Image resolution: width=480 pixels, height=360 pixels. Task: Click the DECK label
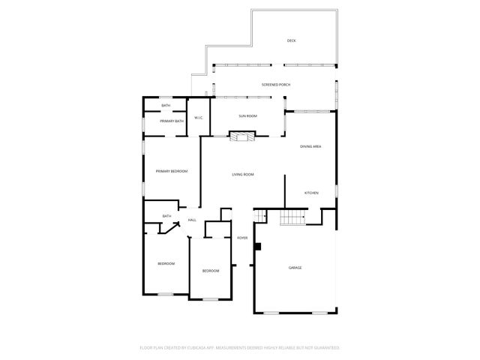point(291,40)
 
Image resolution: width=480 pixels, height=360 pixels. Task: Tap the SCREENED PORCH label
point(276,85)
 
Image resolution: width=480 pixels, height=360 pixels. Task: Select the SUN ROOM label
point(248,116)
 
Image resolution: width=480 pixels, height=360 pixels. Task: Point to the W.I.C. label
point(199,118)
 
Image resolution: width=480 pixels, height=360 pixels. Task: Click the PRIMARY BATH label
point(172,121)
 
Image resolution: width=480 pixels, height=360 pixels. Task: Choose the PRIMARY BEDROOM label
point(172,172)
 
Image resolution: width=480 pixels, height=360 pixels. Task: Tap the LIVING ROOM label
point(243,175)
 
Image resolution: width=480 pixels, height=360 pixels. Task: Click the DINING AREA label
point(310,146)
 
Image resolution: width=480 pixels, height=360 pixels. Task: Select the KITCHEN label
point(311,193)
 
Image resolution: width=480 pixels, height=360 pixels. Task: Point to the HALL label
point(192,220)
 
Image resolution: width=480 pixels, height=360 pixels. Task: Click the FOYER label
point(242,238)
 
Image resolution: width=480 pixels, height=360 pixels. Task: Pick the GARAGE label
point(295,267)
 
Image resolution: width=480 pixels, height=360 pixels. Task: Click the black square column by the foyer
point(257,246)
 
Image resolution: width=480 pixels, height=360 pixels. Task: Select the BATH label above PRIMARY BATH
point(166,106)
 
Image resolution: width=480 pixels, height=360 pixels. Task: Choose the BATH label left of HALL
point(166,217)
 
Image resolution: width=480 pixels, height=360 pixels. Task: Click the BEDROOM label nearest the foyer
point(211,271)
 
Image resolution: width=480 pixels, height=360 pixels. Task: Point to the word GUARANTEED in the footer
point(325,348)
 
